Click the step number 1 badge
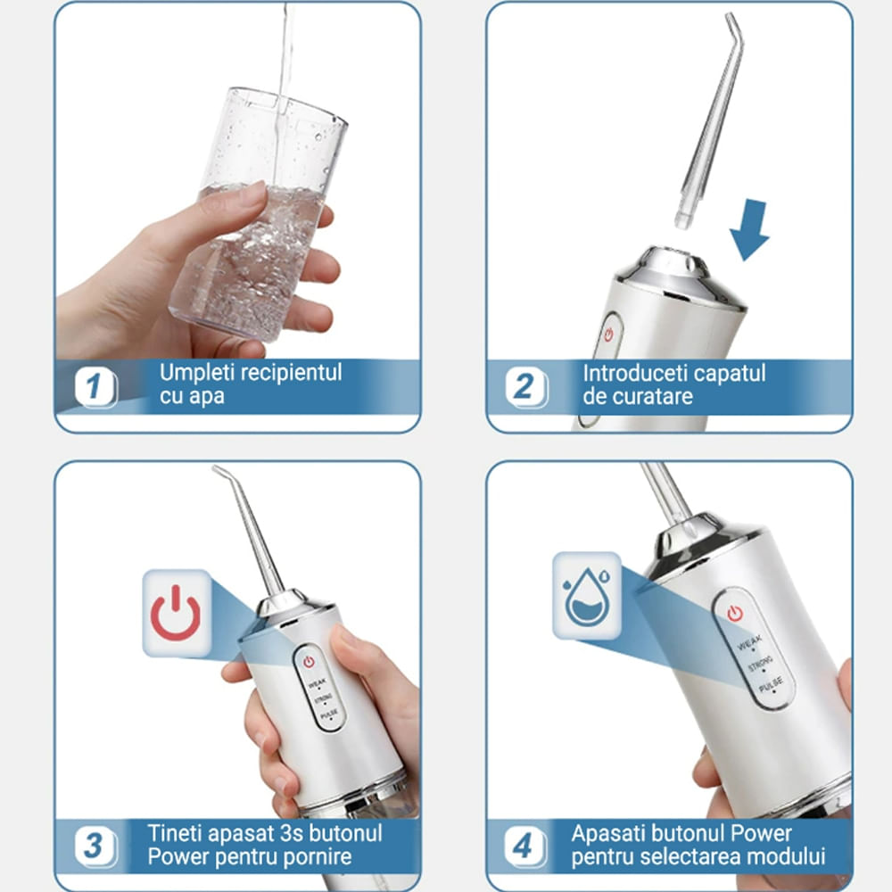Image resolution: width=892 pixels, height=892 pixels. coord(96,387)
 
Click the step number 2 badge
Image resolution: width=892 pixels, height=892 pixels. coord(526,386)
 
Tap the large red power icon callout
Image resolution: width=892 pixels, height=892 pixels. coord(176,613)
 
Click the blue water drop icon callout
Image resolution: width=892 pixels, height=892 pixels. coord(585,595)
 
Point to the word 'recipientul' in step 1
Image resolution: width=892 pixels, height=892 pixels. coord(290,372)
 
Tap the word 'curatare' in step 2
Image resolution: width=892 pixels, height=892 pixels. coord(653,397)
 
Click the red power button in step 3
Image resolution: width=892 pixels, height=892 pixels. coord(309,661)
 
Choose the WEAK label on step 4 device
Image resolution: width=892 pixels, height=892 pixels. coord(749,640)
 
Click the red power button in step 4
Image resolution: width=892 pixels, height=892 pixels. coord(734,613)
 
